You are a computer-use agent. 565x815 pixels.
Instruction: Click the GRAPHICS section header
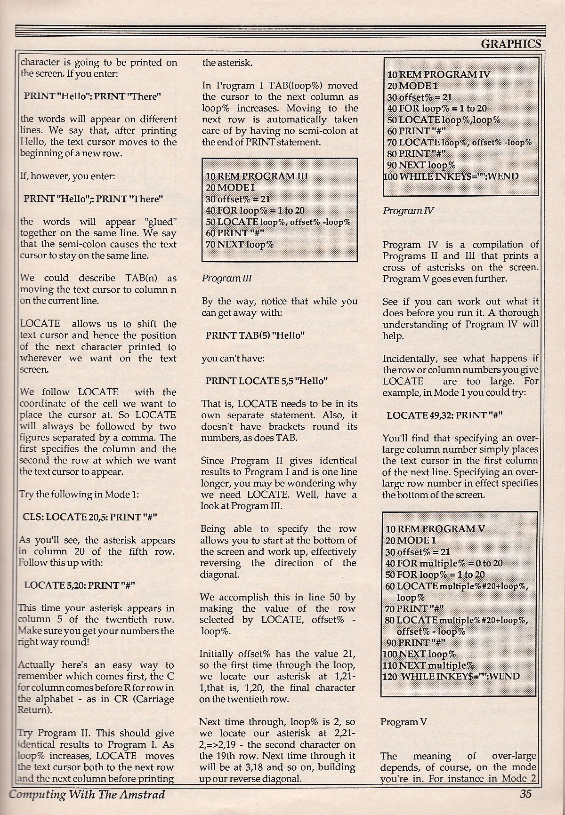coord(510,44)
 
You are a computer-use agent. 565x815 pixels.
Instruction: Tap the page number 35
coord(525,794)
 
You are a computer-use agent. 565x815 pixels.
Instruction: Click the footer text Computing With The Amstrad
coord(87,795)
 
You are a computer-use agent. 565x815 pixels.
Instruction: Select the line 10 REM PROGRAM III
coord(257,176)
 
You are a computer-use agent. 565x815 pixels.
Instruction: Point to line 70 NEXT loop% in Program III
coord(240,244)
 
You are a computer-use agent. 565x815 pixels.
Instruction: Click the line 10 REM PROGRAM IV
coord(438,74)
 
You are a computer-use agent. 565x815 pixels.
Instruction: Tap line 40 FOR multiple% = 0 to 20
coord(444,563)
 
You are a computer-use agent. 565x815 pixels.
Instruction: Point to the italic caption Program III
coord(226,278)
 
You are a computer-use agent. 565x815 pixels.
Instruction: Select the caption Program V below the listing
coord(404,722)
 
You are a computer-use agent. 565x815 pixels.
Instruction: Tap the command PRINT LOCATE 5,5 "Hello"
coord(266,381)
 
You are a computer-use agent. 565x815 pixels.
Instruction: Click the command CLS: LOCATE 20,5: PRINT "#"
coord(90,517)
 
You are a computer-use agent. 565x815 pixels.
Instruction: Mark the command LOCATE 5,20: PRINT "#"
coord(80,585)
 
